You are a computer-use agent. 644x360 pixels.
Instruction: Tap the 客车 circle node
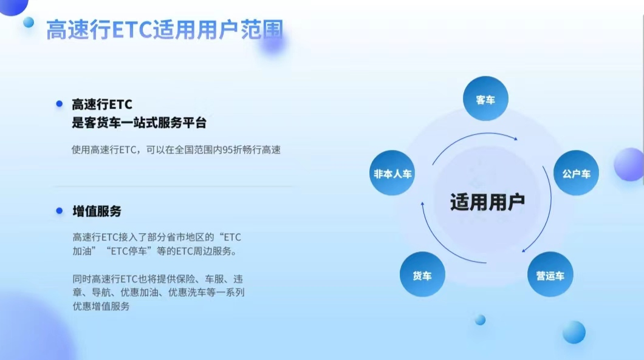tap(485, 99)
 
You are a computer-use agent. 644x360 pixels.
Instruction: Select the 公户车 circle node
tap(576, 174)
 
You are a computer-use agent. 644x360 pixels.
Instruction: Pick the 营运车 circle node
tap(550, 276)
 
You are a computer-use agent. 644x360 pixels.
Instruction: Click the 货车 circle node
tap(422, 276)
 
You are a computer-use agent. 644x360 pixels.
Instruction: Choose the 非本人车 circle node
tap(392, 174)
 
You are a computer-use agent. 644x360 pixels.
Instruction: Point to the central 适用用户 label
tap(487, 202)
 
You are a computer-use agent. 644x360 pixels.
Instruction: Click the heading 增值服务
tap(97, 211)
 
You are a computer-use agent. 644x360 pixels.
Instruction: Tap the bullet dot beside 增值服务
tap(60, 211)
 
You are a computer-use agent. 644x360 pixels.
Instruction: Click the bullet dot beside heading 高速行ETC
tap(60, 104)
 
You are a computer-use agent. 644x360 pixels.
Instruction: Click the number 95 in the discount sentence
tap(228, 149)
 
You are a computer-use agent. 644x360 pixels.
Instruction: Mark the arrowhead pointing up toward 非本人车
tap(423, 205)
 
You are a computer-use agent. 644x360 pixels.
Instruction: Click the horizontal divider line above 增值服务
tap(173, 186)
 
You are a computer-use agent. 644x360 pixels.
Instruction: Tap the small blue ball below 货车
tap(480, 319)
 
